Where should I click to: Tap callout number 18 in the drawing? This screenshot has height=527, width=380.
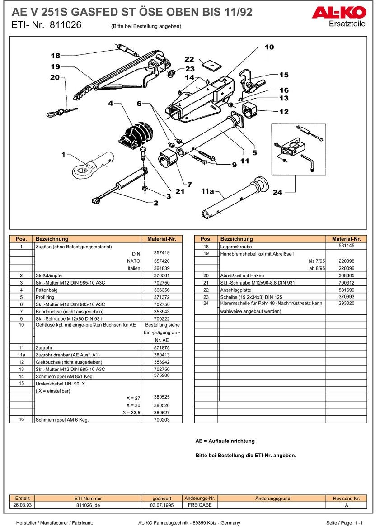click(x=55, y=56)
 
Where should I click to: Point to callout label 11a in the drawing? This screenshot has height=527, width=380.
click(x=207, y=191)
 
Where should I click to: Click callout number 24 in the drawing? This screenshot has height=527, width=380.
click(x=277, y=192)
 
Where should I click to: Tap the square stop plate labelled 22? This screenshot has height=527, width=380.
click(x=211, y=65)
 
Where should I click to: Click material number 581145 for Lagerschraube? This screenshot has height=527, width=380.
click(x=346, y=246)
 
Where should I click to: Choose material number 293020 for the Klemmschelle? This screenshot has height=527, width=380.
click(x=346, y=303)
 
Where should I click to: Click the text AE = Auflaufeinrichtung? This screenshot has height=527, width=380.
click(x=225, y=441)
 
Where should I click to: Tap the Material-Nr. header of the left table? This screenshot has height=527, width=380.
click(x=161, y=239)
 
